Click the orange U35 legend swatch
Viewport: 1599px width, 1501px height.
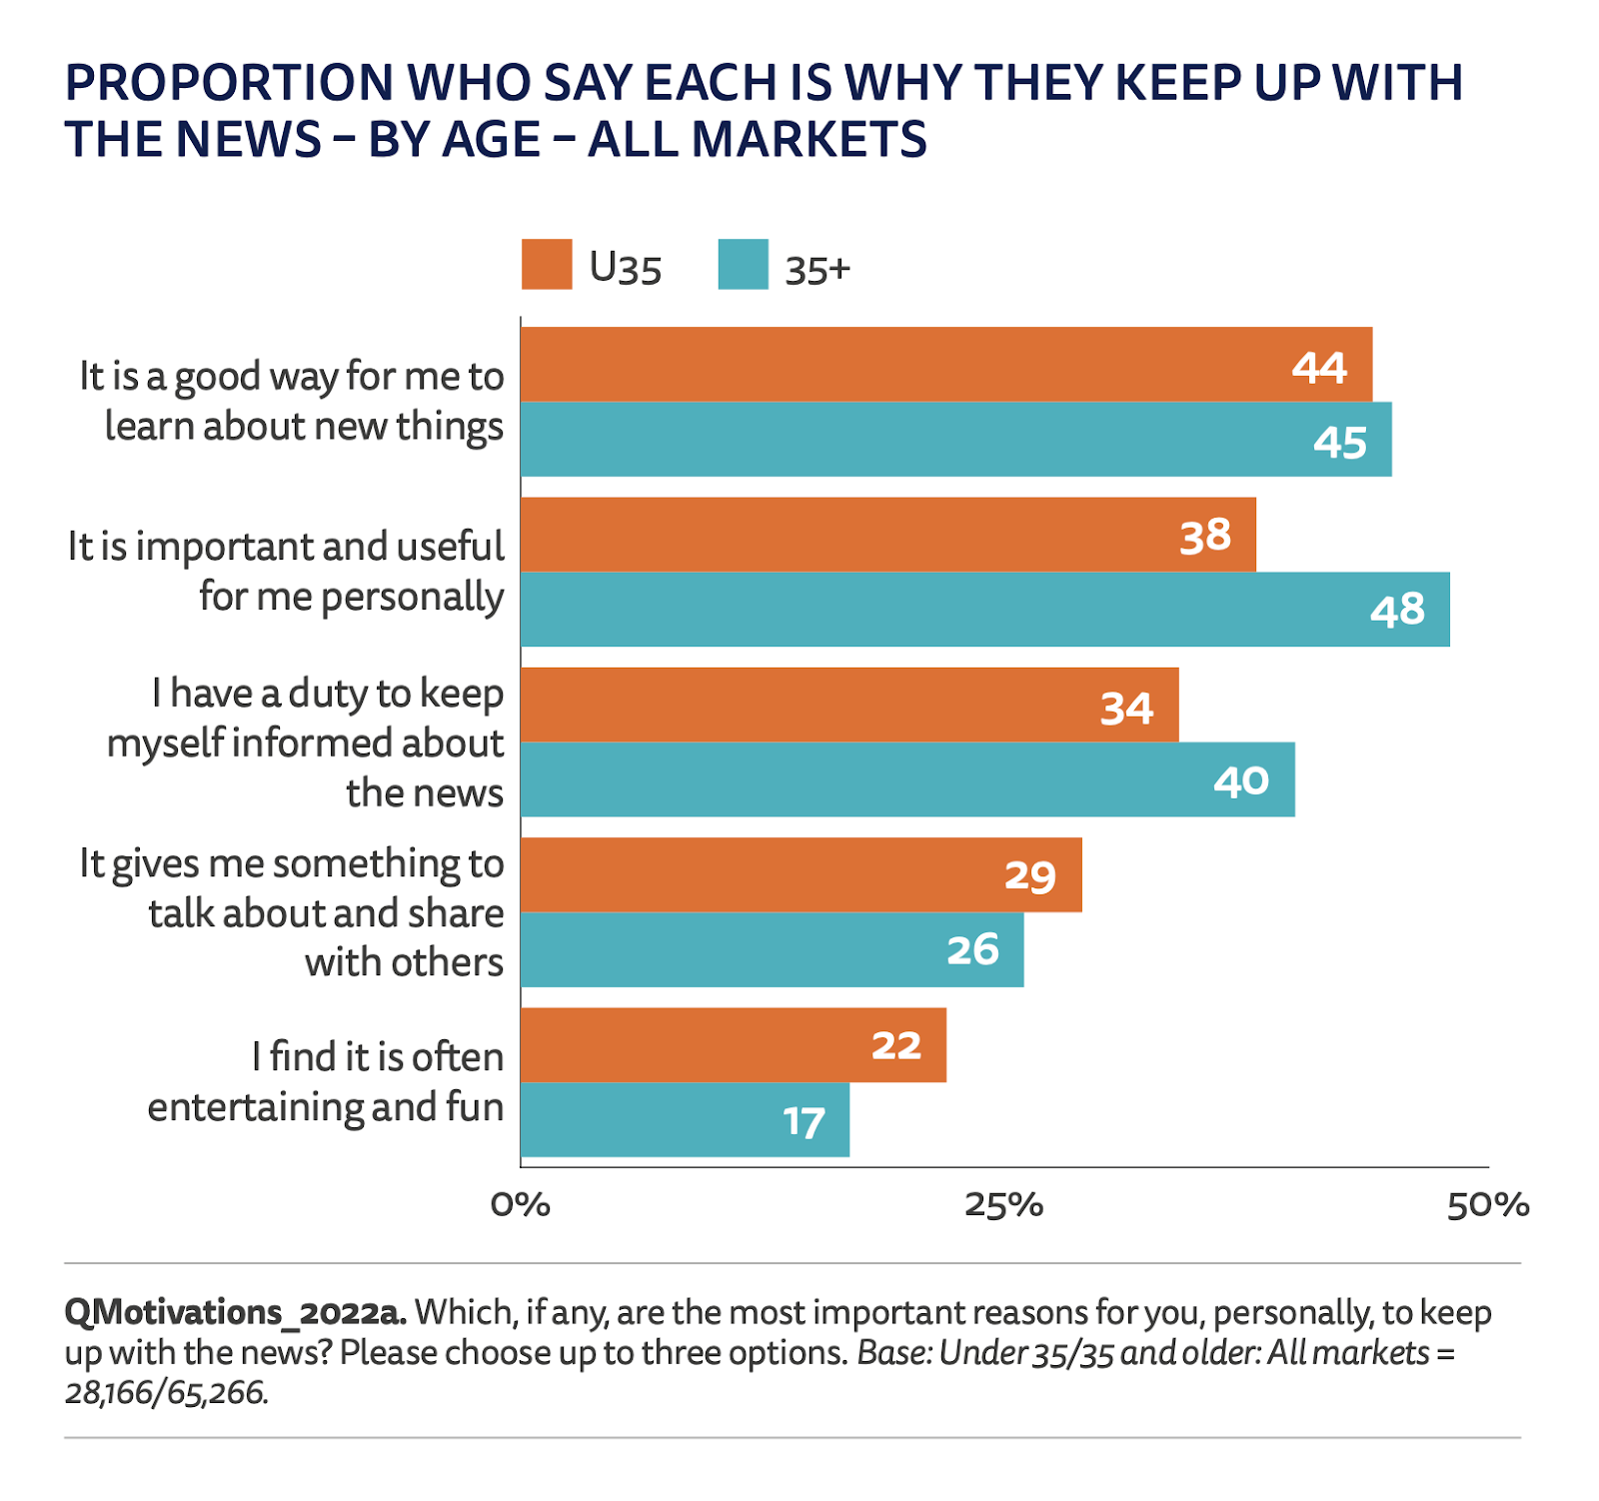click(x=546, y=265)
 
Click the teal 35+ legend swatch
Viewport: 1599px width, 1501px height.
click(x=743, y=265)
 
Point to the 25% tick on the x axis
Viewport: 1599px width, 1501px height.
click(x=1003, y=1205)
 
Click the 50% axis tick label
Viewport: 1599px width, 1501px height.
click(x=1488, y=1205)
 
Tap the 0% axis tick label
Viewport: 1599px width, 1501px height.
click(x=520, y=1205)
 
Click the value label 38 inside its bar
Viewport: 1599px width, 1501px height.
click(x=1205, y=537)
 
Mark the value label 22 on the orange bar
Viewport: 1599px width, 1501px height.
click(x=896, y=1046)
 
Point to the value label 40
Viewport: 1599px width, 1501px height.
click(x=1241, y=780)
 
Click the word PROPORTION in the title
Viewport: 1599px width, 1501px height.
click(x=229, y=83)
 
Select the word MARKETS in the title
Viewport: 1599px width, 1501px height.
click(x=808, y=139)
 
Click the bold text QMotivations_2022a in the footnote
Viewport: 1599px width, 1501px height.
click(x=235, y=1312)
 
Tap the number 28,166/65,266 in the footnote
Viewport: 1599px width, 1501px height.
click(x=166, y=1392)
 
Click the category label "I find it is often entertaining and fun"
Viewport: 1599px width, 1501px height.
click(x=326, y=1082)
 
